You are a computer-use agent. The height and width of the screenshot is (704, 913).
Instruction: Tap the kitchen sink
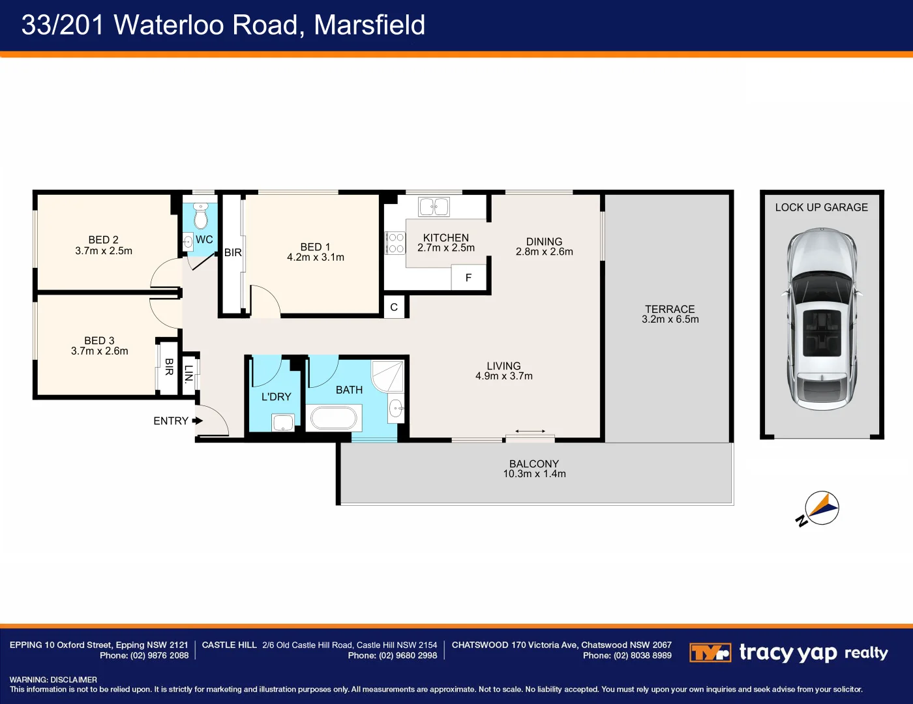434,207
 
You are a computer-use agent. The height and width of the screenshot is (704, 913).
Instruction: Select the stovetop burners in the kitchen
395,243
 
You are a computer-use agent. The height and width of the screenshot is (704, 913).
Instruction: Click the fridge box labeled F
468,278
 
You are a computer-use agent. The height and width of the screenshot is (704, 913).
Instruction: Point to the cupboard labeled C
394,307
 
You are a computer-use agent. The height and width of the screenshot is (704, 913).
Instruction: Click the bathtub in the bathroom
334,418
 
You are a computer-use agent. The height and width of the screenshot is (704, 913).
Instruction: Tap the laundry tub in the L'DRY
283,423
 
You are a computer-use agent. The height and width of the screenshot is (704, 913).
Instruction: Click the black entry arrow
198,421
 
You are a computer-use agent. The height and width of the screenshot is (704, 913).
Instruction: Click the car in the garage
821,319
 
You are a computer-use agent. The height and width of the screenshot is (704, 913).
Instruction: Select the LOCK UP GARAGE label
821,207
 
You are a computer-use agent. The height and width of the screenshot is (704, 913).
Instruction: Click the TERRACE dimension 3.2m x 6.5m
670,319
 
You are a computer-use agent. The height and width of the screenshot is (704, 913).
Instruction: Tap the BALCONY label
533,463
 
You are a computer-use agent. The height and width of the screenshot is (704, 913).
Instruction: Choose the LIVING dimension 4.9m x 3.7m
503,376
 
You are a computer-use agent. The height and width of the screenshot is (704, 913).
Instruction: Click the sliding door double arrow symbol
530,431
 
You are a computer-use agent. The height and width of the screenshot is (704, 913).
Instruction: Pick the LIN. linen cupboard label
189,374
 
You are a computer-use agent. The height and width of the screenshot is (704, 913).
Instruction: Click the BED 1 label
315,247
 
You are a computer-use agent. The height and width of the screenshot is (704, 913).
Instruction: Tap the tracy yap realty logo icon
710,653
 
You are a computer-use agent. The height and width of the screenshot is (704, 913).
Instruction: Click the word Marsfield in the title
369,25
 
